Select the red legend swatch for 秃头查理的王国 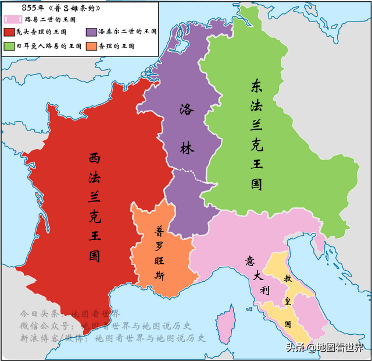[10, 32]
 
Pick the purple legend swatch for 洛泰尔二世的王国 [91, 32]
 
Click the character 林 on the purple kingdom [187, 148]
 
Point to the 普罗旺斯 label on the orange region [159, 253]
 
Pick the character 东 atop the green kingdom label [256, 87]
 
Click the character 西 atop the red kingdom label [95, 158]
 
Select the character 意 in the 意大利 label [251, 260]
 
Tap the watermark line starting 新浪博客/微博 [113, 338]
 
